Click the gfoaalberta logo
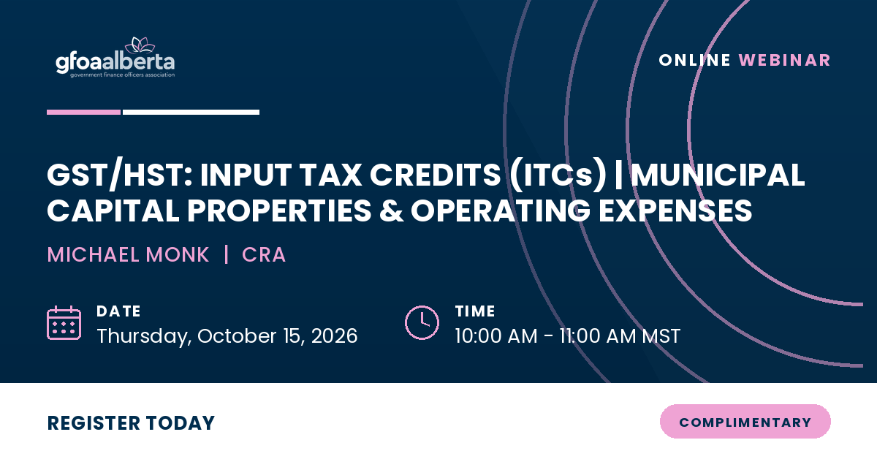click(115, 58)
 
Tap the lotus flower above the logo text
click(140, 45)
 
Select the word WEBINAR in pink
click(784, 61)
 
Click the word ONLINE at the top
click(694, 61)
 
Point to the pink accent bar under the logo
click(84, 113)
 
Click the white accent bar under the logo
click(191, 113)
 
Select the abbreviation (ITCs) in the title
click(558, 175)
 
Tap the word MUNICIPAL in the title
click(718, 175)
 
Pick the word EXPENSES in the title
click(675, 210)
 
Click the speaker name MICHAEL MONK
click(128, 254)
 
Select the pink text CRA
click(264, 254)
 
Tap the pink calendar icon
click(64, 323)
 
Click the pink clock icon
click(422, 323)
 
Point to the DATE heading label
click(118, 311)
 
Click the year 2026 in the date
click(335, 336)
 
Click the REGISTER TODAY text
click(131, 423)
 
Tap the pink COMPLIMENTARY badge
click(745, 422)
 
